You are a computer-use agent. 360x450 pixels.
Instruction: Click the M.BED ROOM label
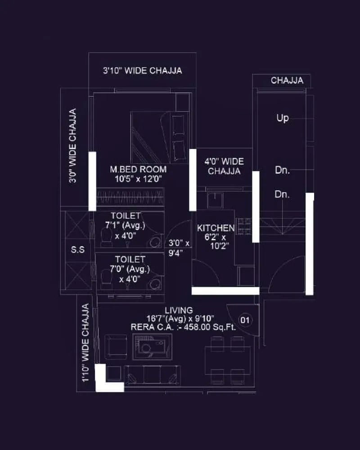[x=138, y=170]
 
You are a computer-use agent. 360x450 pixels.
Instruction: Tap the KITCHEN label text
[x=216, y=228]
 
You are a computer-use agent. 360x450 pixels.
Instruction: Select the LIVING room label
[x=179, y=310]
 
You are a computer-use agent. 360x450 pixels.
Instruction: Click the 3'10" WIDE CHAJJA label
[x=142, y=71]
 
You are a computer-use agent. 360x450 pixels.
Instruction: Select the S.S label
[x=78, y=250]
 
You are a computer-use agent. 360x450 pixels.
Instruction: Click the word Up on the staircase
[x=283, y=118]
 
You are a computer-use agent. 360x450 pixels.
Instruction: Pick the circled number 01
[x=245, y=320]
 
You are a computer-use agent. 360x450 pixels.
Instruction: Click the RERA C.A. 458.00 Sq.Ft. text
[x=183, y=328]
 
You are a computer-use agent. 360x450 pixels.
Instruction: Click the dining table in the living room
[x=224, y=360]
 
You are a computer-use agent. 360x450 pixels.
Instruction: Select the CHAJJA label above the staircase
[x=287, y=81]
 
